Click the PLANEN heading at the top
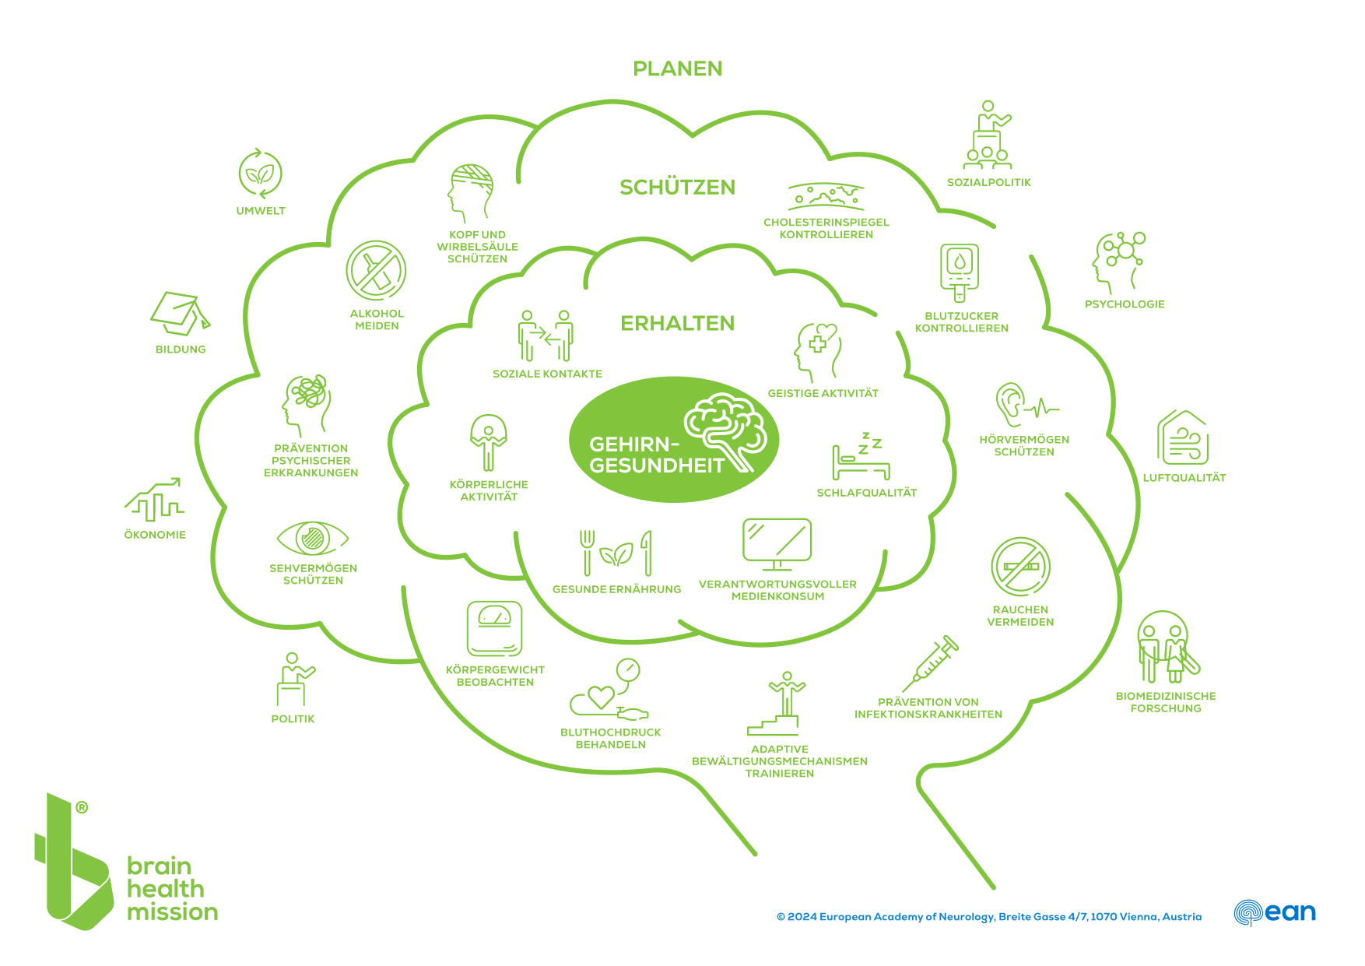click(678, 68)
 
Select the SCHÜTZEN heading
click(678, 187)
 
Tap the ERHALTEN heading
click(678, 323)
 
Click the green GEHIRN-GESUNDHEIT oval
click(674, 439)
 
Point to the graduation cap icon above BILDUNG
click(180, 313)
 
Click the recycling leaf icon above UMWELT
click(260, 174)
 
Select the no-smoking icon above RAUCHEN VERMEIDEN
click(1020, 567)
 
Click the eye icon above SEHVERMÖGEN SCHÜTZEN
click(312, 538)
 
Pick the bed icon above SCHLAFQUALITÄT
click(861, 457)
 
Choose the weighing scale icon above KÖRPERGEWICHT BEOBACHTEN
click(494, 628)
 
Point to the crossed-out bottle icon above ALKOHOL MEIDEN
click(376, 270)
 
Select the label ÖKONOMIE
click(155, 535)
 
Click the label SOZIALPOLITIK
click(989, 182)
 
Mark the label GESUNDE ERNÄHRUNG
click(617, 589)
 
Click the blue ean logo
click(1275, 912)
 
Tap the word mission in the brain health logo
click(172, 912)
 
